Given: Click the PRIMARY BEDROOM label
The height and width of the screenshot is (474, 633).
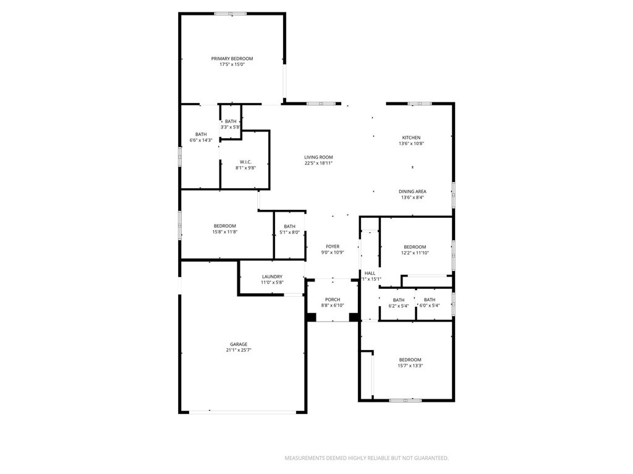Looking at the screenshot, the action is tap(232, 59).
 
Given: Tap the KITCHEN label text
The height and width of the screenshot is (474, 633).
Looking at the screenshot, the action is tap(411, 138).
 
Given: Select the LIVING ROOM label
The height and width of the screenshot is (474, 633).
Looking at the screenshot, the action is tap(318, 157).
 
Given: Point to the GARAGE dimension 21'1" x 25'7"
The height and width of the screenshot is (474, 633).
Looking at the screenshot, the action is tap(239, 351).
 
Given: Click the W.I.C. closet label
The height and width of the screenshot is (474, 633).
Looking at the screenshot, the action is tap(245, 162).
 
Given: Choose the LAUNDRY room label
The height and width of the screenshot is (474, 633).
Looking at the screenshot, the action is tap(272, 276).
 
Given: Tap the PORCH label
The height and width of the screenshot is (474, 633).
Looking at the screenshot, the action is tap(333, 299).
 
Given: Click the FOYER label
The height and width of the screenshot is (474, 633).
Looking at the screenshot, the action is tap(333, 246).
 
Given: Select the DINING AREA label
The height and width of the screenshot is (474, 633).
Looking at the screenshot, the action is tap(412, 191).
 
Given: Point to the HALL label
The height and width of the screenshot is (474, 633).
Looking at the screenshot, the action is tap(370, 273).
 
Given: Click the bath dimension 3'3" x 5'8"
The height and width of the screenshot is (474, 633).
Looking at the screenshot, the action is tap(231, 127).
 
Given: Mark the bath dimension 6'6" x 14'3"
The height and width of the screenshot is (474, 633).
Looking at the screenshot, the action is tap(201, 140).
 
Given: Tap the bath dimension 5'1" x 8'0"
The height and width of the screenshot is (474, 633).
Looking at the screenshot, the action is tap(289, 232).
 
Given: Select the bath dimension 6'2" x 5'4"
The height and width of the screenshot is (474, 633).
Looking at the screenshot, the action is tap(399, 306).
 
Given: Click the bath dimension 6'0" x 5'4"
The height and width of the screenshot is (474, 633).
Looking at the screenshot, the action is tap(430, 306).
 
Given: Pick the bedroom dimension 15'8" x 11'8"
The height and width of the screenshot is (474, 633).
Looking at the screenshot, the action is tap(225, 232).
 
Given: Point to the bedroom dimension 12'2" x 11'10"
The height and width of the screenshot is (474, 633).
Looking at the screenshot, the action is tap(415, 252).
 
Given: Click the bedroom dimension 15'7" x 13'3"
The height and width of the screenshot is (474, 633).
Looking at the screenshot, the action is tap(410, 365).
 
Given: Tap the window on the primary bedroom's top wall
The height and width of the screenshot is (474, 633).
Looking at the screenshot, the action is tap(230, 14).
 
